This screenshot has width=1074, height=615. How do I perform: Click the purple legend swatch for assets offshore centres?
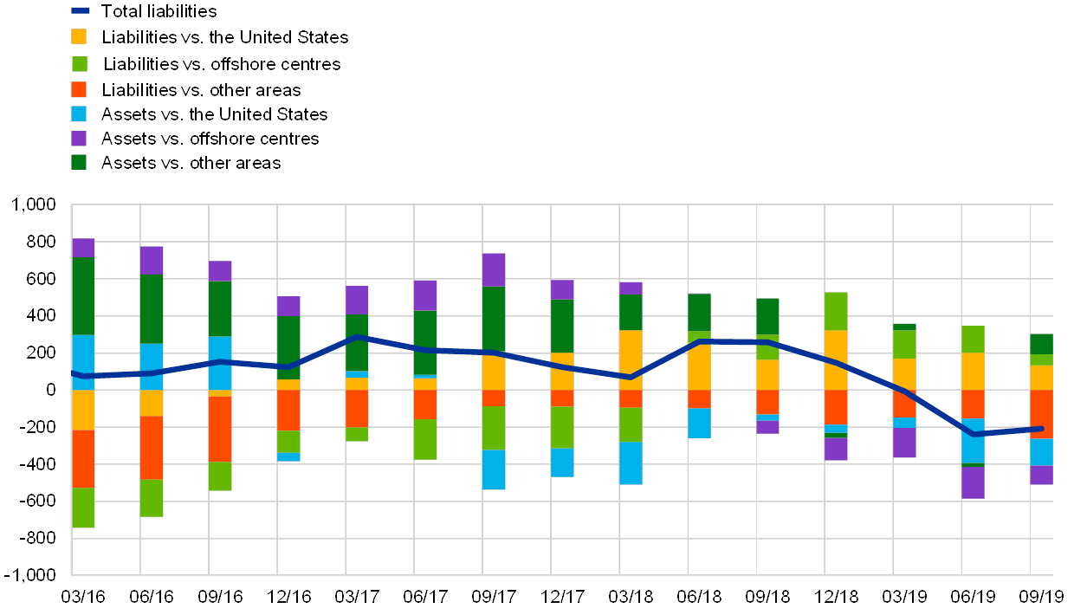coord(79,138)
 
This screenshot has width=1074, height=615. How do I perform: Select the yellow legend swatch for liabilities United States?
coord(79,36)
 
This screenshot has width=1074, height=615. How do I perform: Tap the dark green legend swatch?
coord(79,162)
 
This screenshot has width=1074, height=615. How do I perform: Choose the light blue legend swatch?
coord(79,113)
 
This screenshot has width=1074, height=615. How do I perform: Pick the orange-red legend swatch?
coord(79,88)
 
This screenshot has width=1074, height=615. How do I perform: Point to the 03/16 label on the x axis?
coord(83,597)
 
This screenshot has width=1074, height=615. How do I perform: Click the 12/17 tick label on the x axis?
coord(563,597)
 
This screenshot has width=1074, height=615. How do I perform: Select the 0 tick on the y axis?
coord(50,390)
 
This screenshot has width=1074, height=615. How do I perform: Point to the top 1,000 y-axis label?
coord(35,205)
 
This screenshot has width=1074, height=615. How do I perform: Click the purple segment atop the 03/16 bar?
coord(83,248)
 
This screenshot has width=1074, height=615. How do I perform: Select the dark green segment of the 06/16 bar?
coord(152,309)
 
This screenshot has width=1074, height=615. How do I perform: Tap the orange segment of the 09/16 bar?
coord(220,429)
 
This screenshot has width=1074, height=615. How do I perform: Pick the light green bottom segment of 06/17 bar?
coord(425,439)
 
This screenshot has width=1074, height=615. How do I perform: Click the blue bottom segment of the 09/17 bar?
coord(494,469)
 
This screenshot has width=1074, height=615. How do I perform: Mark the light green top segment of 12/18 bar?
coord(836,311)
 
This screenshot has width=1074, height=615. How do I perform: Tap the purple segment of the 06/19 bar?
coord(973,482)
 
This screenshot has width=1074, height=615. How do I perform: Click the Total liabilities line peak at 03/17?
coord(357,337)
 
